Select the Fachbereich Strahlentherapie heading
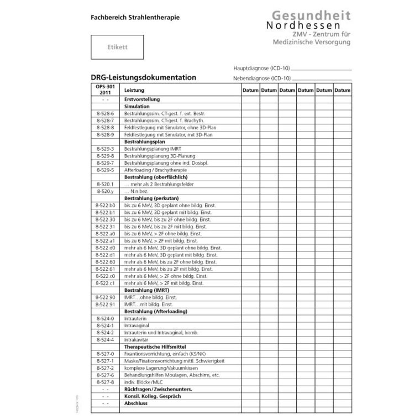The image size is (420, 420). point(135,17)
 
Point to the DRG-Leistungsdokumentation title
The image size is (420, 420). point(143,78)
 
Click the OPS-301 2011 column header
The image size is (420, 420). point(105,90)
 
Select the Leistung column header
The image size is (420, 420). point(134,90)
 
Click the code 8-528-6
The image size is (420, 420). point(105,113)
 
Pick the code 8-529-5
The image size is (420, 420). point(105,170)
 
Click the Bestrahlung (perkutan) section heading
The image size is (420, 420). point(151,198)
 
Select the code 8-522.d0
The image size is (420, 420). point(105,248)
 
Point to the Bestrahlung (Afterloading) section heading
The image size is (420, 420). point(156,311)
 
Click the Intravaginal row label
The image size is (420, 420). point(136,326)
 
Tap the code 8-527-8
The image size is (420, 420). point(105,382)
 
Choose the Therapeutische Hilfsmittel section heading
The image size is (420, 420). point(155,347)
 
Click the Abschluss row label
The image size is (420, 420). point(136,403)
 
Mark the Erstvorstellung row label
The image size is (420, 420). point(143,99)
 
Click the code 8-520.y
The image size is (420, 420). point(105,191)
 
